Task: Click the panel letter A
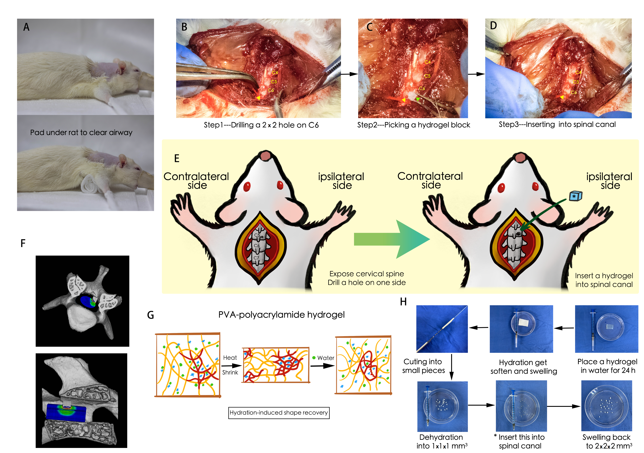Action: (26, 27)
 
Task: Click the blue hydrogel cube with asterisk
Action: (576, 196)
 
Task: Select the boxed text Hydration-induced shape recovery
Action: (279, 413)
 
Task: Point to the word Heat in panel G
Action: (230, 358)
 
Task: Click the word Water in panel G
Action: (326, 358)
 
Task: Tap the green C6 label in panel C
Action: (422, 89)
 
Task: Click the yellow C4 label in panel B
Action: (275, 72)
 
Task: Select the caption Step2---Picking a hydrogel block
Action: (413, 125)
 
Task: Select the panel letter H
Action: (403, 302)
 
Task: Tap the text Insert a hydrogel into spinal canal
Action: (604, 280)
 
